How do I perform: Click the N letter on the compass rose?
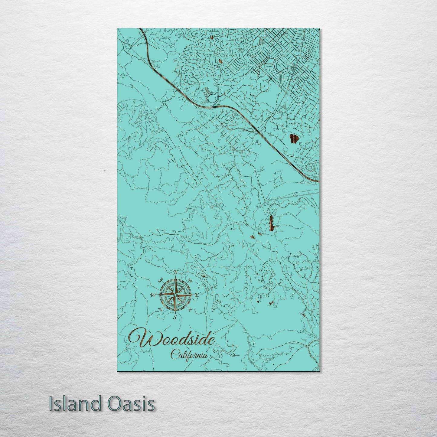(x=176, y=273)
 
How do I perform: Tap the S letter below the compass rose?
(x=175, y=317)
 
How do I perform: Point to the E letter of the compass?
(x=197, y=295)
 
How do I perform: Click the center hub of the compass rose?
(x=175, y=294)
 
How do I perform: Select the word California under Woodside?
(x=189, y=354)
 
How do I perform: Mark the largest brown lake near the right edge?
(x=293, y=139)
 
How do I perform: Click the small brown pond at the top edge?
(x=211, y=38)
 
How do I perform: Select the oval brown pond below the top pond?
(x=220, y=61)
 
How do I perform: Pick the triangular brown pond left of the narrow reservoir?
(x=252, y=237)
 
